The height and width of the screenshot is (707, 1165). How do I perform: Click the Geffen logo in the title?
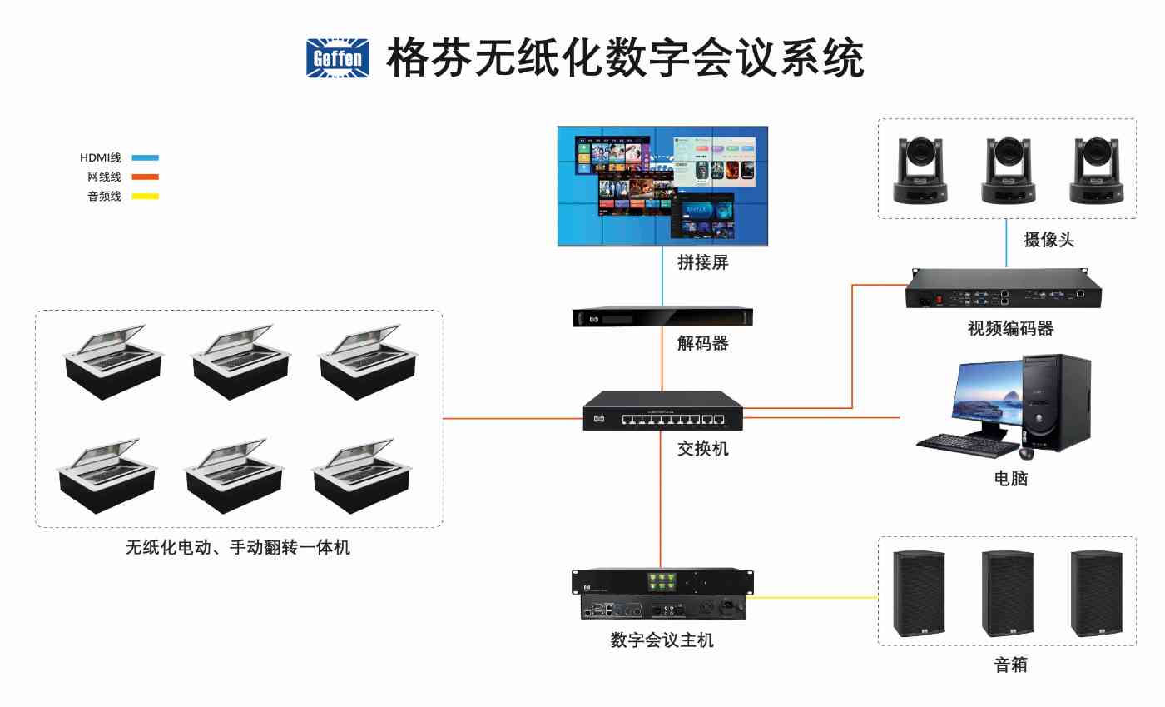click(x=338, y=58)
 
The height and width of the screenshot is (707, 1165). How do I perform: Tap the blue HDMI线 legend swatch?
click(x=145, y=157)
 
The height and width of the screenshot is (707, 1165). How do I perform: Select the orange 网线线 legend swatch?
click(x=145, y=177)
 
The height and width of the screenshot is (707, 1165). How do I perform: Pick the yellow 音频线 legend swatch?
click(x=145, y=197)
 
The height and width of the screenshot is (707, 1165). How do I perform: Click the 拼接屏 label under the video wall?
click(x=702, y=263)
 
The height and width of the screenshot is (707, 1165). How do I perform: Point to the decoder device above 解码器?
click(x=662, y=316)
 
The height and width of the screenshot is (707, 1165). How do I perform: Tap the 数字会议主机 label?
click(x=662, y=640)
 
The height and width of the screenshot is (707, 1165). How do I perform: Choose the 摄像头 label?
click(x=1048, y=240)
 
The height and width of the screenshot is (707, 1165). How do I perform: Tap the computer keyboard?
click(x=965, y=445)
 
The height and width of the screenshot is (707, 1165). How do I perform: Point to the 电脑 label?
click(x=1010, y=479)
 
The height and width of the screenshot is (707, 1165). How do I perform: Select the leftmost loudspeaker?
click(x=919, y=594)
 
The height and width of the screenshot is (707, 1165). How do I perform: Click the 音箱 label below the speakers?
click(x=1010, y=665)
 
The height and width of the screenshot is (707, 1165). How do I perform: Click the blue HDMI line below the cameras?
click(x=1006, y=243)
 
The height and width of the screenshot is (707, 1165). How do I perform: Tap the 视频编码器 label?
click(x=1010, y=329)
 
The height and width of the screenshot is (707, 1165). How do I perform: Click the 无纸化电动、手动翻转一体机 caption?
click(x=238, y=547)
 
